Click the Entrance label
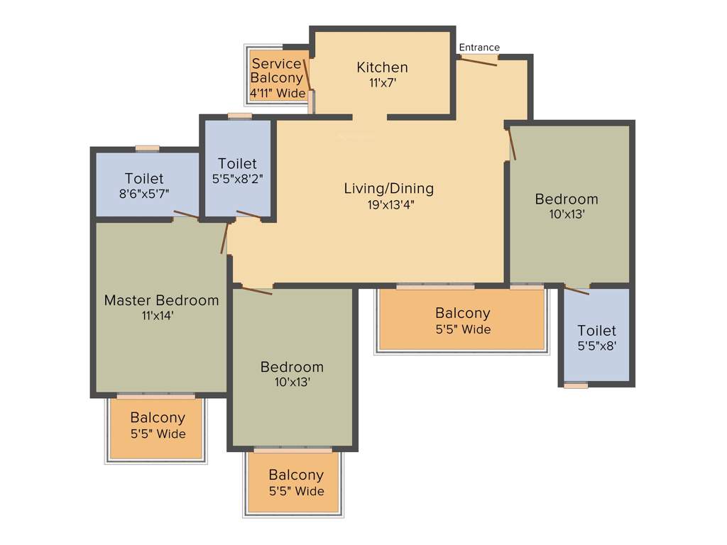click(479, 48)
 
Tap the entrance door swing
click(477, 61)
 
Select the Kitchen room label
click(382, 67)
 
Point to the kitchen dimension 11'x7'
click(382, 82)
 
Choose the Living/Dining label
click(388, 189)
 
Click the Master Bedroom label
click(161, 300)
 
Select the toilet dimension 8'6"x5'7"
click(144, 193)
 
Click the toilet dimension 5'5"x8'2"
click(237, 180)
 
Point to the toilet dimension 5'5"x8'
click(596, 347)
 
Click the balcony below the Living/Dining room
click(462, 321)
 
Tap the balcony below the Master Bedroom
click(157, 425)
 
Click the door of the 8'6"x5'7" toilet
click(186, 214)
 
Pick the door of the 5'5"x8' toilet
click(576, 290)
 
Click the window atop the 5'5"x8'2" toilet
click(240, 116)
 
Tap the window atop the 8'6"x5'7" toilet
click(148, 148)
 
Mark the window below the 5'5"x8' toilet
click(576, 385)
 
